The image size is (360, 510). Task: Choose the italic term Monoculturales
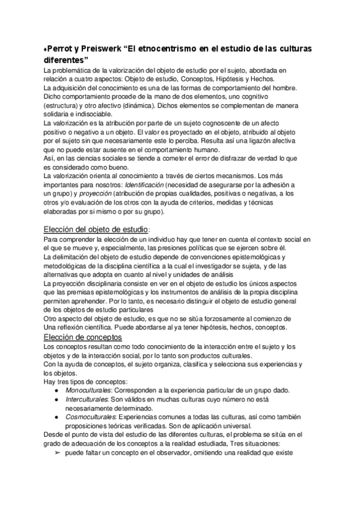pos(89,390)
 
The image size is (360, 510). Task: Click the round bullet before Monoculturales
pos(56,390)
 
